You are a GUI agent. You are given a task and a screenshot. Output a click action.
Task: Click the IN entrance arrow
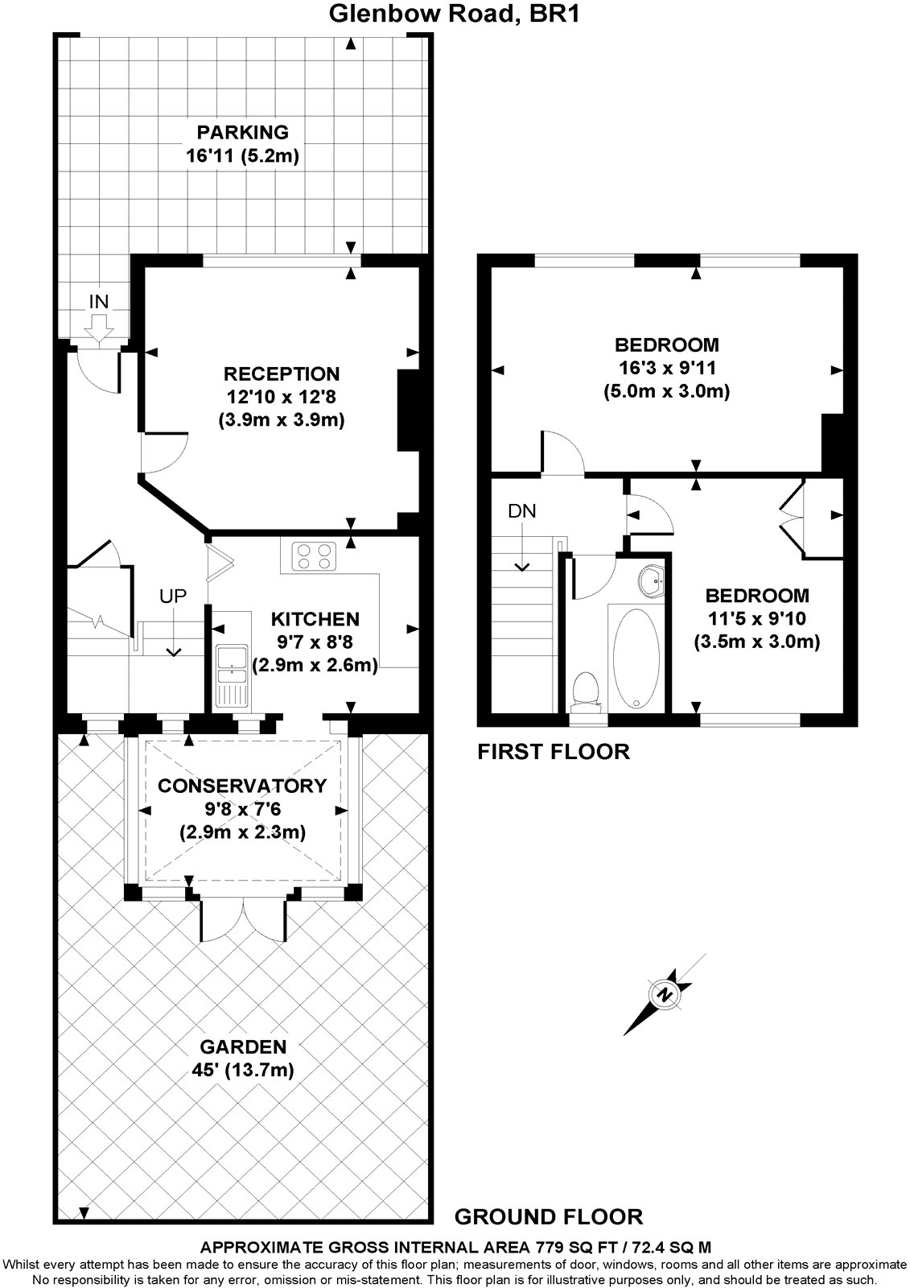99,327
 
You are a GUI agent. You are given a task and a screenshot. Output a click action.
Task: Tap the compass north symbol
665,994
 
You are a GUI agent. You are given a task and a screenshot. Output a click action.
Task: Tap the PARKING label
243,131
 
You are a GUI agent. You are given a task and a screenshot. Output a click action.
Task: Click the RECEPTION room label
282,374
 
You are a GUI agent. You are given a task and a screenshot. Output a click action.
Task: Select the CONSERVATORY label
242,786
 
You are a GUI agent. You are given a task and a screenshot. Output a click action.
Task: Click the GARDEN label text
243,1046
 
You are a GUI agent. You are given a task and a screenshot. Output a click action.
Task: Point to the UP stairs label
172,596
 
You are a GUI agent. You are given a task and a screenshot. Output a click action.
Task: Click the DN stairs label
521,510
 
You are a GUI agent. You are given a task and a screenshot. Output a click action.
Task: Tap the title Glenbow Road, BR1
455,14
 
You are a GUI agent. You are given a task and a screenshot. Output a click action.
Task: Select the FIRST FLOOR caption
554,752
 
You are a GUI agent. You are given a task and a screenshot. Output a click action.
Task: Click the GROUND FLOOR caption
549,1216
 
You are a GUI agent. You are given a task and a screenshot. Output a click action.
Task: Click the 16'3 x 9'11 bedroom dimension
666,369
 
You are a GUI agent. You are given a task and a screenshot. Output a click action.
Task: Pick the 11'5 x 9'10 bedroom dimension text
756,618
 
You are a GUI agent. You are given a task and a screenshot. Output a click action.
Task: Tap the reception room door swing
157,453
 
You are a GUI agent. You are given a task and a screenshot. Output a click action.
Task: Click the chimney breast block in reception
410,409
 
